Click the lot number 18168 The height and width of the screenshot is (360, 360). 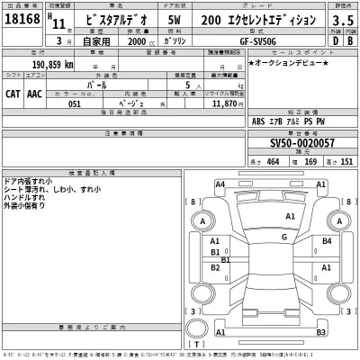coord(22,20)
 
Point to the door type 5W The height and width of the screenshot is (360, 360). coord(186,20)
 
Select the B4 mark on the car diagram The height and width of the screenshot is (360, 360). coord(328,241)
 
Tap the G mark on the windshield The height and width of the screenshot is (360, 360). coord(284,237)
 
